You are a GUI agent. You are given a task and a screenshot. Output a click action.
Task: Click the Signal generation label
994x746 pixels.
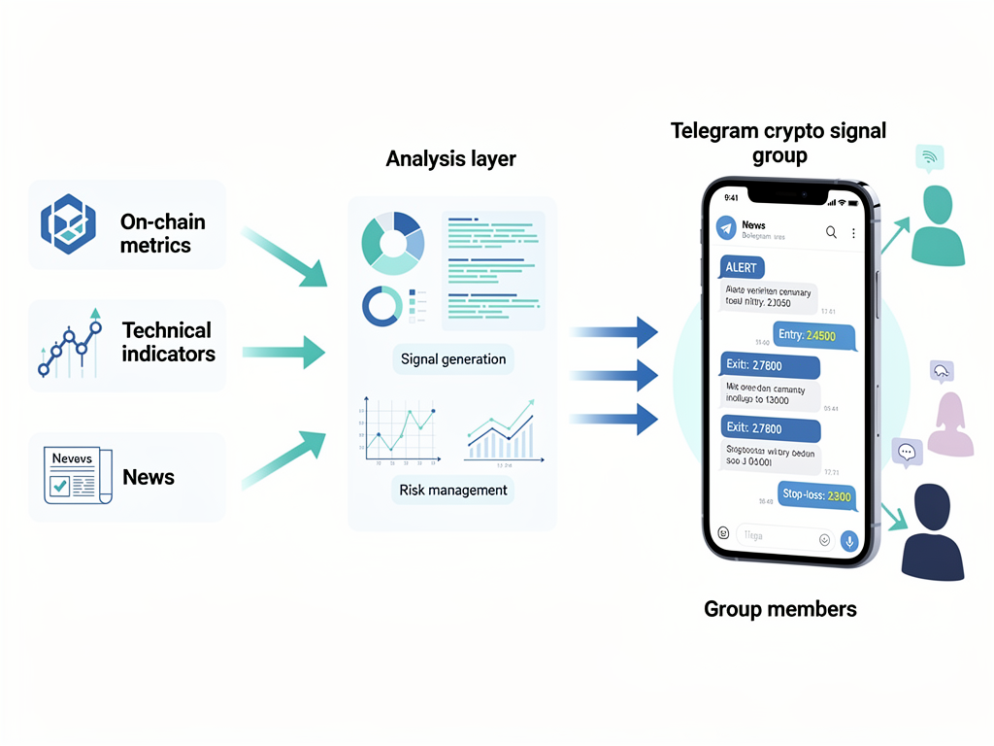(453, 359)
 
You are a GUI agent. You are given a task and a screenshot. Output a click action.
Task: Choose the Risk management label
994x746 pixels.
(453, 491)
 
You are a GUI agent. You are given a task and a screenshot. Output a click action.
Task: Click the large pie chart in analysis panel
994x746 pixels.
(392, 243)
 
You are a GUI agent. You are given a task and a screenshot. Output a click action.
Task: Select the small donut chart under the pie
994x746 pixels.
(381, 306)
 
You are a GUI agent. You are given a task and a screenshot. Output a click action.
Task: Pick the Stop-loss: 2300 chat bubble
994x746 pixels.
(816, 496)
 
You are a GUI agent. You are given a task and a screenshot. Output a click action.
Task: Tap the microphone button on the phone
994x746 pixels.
(849, 541)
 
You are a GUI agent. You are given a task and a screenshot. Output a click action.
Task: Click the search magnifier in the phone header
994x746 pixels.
(831, 232)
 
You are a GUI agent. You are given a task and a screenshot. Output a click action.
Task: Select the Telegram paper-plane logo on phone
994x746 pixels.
(726, 227)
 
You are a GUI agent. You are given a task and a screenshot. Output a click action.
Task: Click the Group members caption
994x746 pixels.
(779, 609)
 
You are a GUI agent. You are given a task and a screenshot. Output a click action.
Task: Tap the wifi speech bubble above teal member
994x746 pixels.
(929, 157)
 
